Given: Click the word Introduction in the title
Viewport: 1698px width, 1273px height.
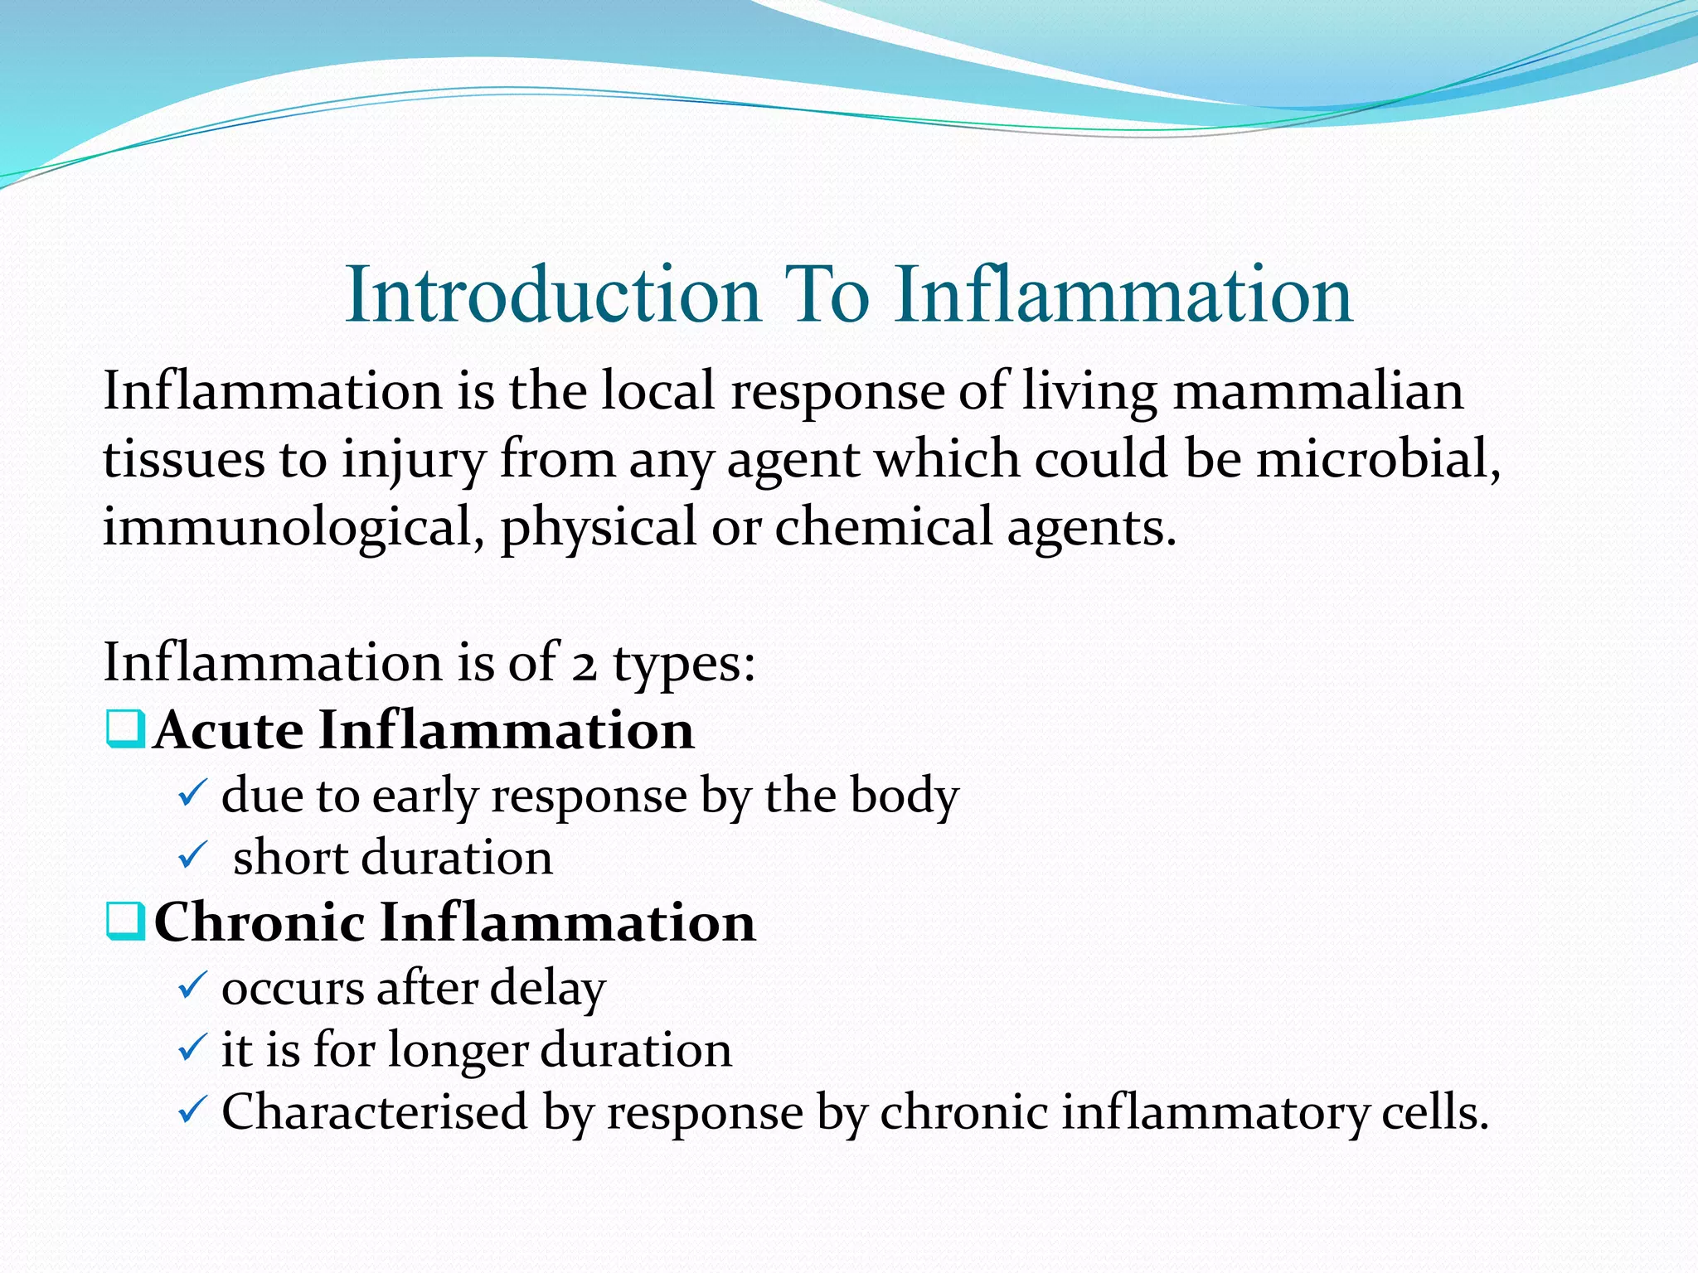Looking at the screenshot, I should click(553, 295).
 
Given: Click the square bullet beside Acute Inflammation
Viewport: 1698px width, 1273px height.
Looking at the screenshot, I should click(126, 730).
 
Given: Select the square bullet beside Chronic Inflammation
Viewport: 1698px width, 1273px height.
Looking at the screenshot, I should click(126, 922).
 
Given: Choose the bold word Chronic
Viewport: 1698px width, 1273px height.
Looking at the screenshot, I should click(259, 922).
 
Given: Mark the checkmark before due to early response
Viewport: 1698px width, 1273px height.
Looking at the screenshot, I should click(192, 795).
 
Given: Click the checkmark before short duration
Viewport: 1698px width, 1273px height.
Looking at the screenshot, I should click(192, 856).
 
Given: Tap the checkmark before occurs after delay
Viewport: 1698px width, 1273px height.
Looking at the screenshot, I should click(192, 986).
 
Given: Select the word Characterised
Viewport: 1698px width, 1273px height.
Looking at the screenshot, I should click(374, 1112).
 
